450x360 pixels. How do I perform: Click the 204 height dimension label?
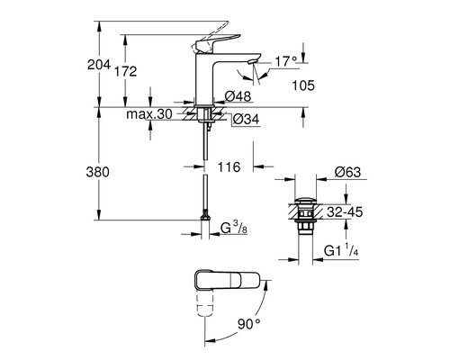99,65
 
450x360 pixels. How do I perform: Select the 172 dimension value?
126,71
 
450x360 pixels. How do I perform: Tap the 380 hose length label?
98,172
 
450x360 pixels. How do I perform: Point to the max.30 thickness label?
149,114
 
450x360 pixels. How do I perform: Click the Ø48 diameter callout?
238,96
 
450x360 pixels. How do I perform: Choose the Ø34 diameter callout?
246,120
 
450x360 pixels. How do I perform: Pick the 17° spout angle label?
285,62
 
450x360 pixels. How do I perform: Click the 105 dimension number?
303,85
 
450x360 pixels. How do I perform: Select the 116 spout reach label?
229,167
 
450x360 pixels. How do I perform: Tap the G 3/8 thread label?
234,228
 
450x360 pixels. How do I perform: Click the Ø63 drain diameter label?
348,172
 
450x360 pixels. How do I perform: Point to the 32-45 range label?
345,212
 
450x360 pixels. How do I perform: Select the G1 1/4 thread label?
341,250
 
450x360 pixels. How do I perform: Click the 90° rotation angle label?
249,324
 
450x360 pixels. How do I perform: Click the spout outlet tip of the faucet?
253,61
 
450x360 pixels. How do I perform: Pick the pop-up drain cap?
305,201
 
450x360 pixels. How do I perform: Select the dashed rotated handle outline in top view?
205,301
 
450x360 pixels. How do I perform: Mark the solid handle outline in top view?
228,280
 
